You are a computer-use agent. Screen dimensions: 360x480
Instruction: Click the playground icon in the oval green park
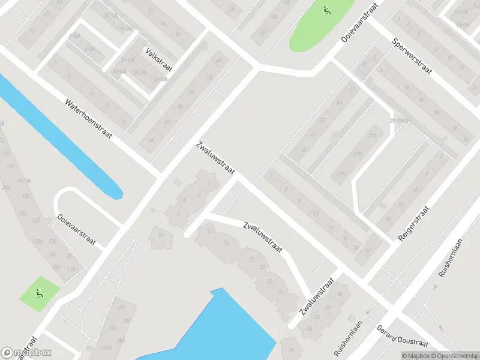tap(326, 10)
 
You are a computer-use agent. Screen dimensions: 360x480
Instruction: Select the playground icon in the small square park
tap(40, 293)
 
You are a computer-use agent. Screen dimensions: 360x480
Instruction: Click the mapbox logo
tap(26, 353)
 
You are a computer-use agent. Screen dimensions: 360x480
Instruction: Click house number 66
tap(151, 140)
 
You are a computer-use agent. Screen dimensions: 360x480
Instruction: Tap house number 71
tap(31, 31)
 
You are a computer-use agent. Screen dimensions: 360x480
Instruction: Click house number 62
tap(167, 122)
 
